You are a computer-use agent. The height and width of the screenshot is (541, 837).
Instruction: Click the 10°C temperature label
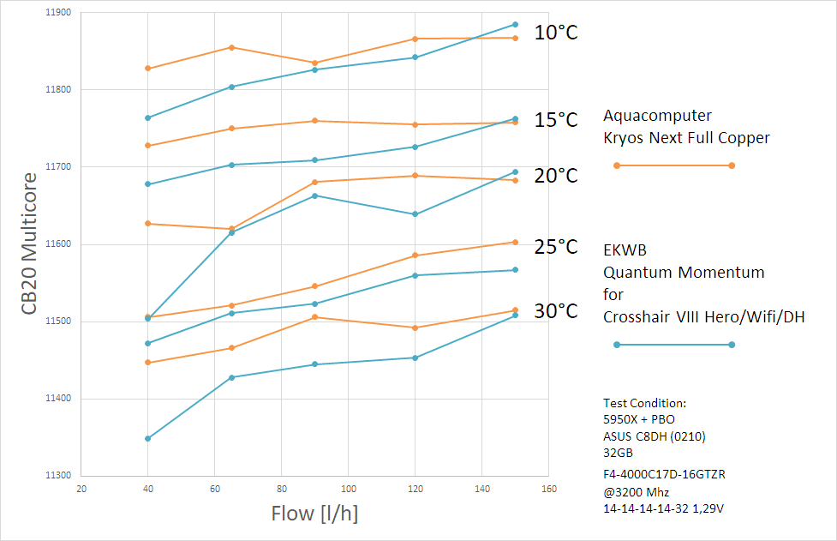556,33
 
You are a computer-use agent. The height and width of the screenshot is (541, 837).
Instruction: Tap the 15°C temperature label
556,120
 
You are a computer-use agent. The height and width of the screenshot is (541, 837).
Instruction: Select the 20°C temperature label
556,176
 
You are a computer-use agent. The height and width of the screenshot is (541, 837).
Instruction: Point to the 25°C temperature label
556,248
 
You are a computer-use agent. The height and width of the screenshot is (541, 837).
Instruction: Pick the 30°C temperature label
556,311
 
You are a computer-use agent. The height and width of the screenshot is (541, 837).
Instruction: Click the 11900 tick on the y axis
60,13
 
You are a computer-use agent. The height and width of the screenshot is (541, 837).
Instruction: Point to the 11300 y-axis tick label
60,476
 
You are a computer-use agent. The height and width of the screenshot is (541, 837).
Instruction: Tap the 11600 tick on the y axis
60,244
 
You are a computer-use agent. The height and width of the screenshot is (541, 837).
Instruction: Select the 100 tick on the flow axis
349,490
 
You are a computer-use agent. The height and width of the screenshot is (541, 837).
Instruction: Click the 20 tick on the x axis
81,490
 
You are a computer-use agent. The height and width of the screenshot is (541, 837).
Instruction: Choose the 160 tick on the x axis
549,490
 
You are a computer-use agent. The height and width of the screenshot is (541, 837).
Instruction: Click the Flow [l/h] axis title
314,514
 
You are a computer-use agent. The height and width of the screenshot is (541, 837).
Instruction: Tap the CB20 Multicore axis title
30,244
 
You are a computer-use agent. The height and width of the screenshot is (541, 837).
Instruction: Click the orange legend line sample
673,165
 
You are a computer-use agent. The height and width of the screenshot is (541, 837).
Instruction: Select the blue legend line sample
673,345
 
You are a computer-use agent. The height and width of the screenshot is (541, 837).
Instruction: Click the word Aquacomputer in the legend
657,116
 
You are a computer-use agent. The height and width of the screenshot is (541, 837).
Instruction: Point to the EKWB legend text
625,250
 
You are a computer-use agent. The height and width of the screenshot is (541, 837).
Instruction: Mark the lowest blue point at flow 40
148,438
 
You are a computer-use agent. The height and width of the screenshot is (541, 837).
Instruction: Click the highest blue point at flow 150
515,24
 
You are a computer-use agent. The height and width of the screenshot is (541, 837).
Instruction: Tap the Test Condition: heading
644,403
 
